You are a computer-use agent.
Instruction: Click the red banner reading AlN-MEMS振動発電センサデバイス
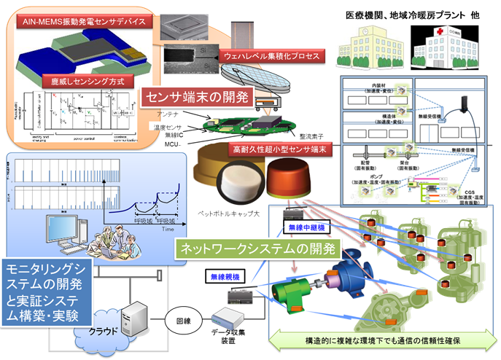click(84, 22)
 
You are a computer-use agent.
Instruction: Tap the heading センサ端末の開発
click(198, 96)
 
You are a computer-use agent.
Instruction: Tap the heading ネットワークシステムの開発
click(256, 248)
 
